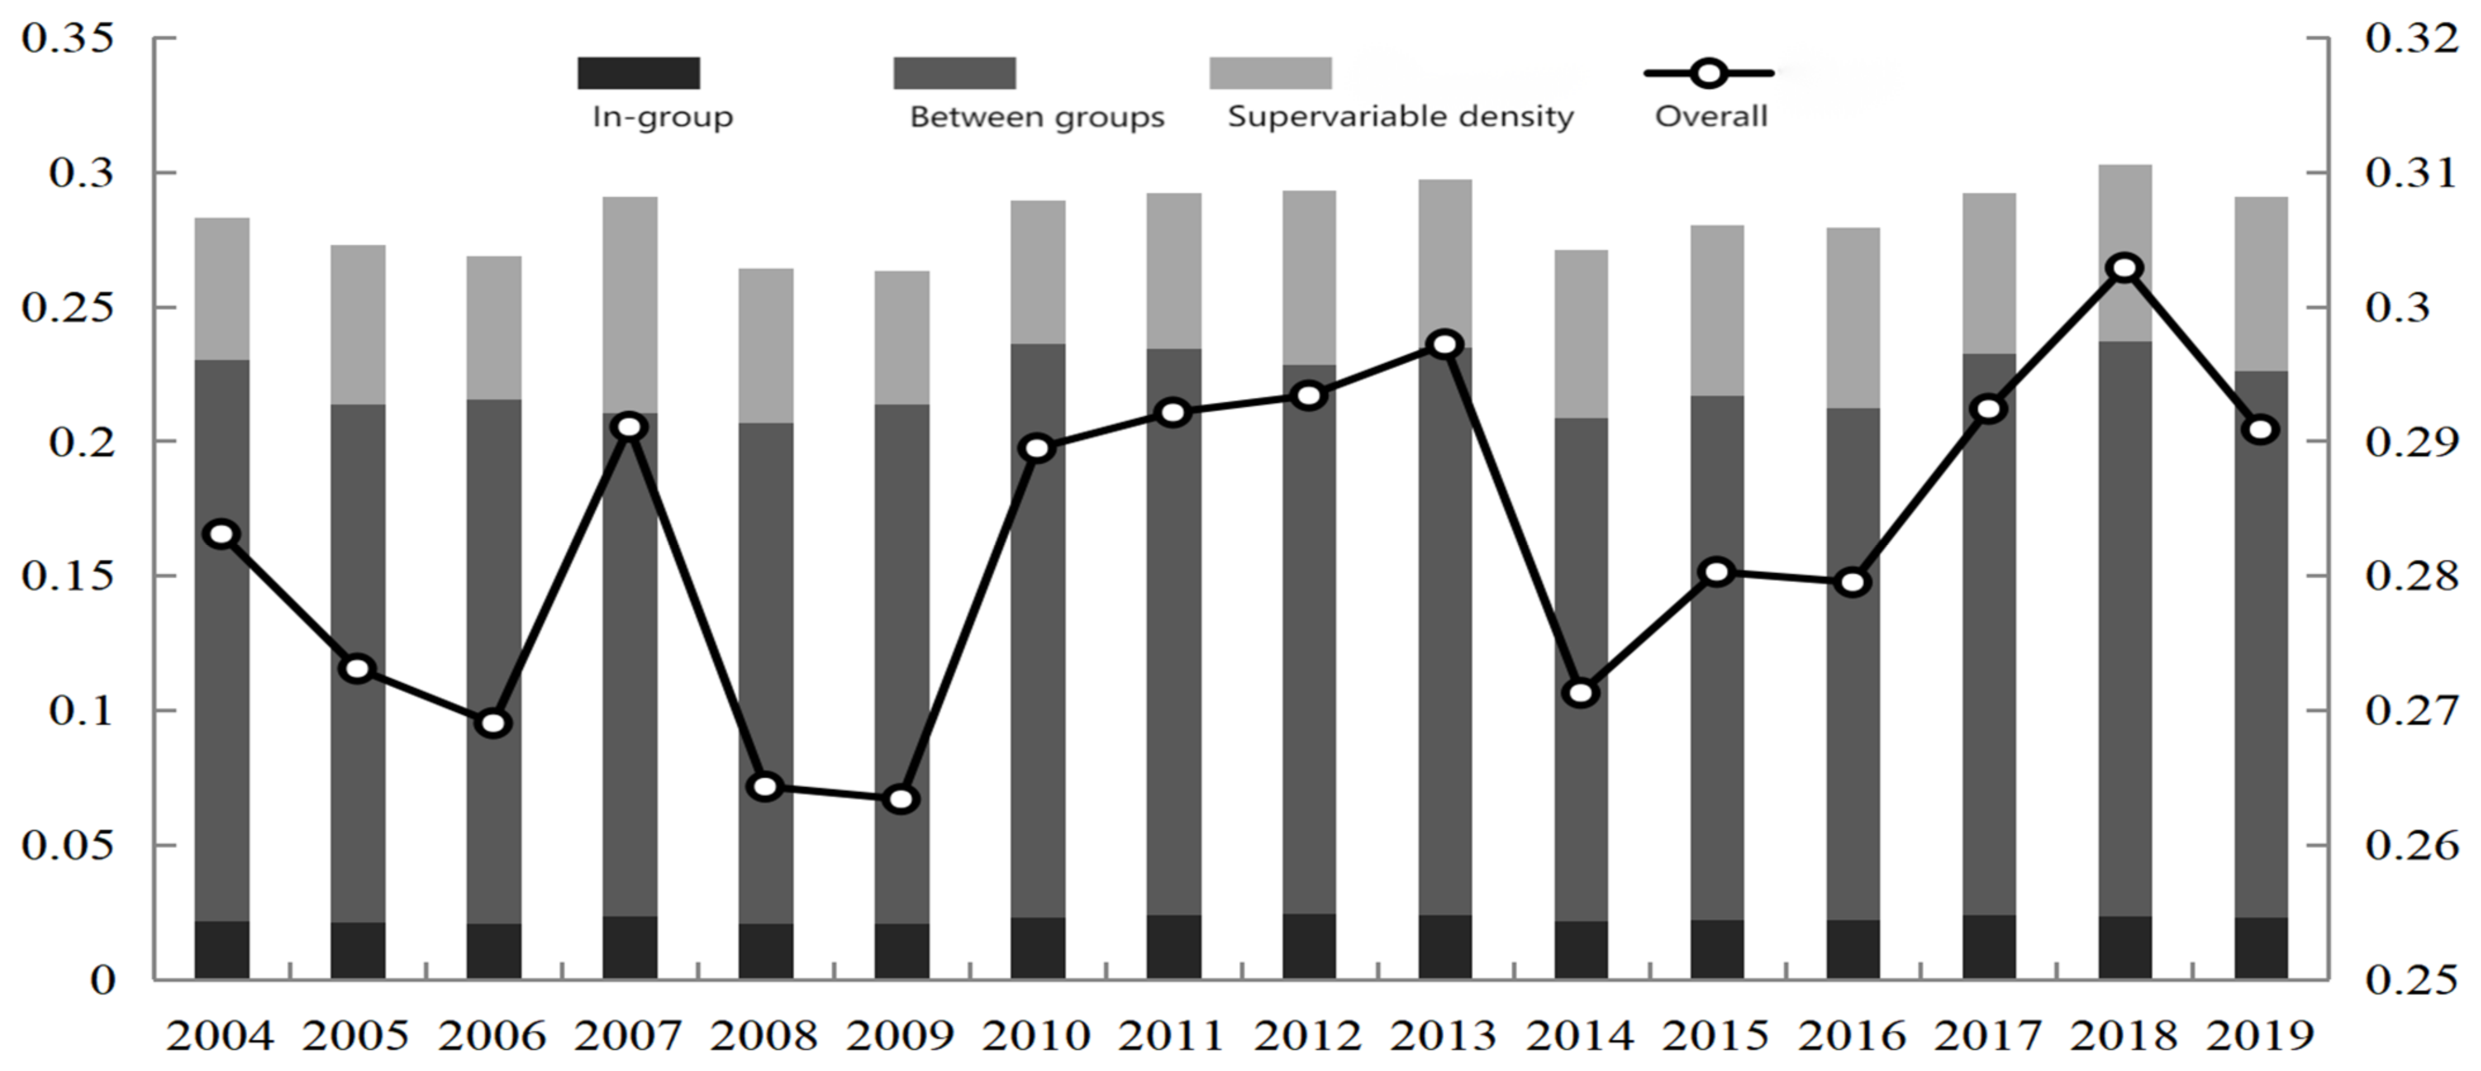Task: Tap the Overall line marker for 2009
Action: [901, 798]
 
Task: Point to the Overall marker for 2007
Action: [630, 427]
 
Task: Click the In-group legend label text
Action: [663, 116]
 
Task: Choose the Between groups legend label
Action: [1036, 116]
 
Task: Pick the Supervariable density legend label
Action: [1400, 116]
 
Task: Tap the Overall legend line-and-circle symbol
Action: [1709, 73]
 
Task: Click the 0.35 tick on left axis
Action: [67, 39]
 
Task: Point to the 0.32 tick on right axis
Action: [2411, 39]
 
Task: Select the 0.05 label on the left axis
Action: [67, 846]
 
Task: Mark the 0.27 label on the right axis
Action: [2411, 711]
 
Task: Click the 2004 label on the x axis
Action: [220, 1036]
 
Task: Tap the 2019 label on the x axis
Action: [2259, 1036]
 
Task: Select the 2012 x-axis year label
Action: [1308, 1036]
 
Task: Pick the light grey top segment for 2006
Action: [494, 327]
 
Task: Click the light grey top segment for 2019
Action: [2261, 284]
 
